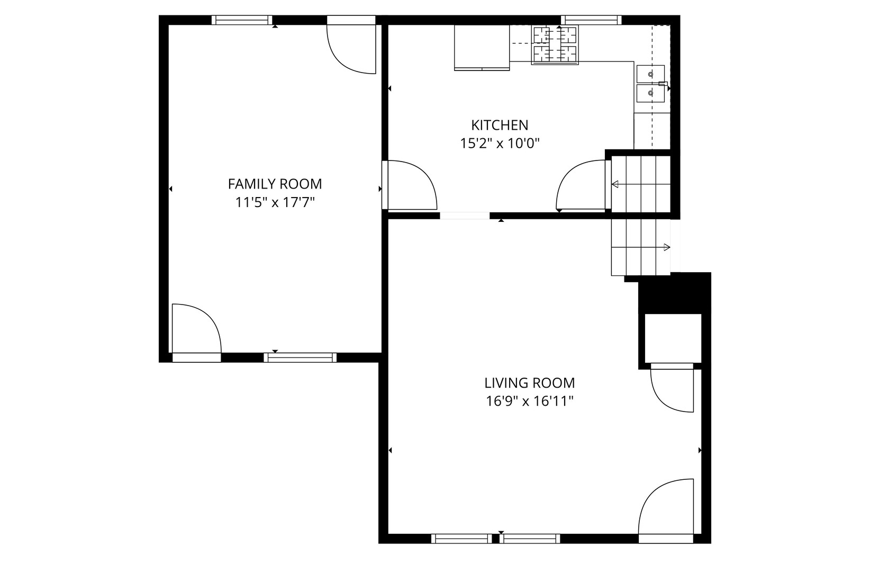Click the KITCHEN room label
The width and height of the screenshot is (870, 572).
[500, 125]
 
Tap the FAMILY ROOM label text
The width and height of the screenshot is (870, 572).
[275, 184]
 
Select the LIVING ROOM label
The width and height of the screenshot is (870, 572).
[529, 382]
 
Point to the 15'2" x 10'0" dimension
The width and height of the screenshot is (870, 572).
[500, 143]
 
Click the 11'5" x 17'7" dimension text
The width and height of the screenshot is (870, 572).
[275, 202]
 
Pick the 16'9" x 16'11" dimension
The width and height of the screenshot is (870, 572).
[530, 401]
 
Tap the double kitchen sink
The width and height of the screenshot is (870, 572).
[650, 83]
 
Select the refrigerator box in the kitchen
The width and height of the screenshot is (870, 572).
[482, 47]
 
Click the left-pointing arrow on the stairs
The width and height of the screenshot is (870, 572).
[615, 184]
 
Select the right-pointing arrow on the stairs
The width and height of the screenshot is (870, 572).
[667, 247]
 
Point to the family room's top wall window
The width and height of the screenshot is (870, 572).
[242, 20]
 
